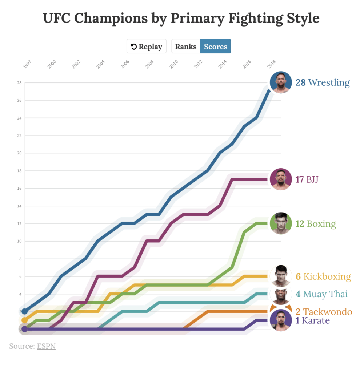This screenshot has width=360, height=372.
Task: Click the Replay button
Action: coord(147,46)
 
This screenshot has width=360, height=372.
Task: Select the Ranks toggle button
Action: coord(185,46)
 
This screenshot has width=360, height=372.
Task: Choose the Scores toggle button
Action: coord(215,46)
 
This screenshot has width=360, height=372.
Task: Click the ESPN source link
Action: coord(46,346)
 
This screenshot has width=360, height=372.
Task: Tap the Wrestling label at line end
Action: coord(323,82)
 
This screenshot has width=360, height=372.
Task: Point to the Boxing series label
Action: coord(316,223)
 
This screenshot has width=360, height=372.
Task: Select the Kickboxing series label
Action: coord(323,276)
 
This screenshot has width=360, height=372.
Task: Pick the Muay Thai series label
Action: coord(321,294)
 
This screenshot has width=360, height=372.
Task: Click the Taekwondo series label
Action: coord(324,312)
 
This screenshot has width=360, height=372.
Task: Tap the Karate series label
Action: coord(312,320)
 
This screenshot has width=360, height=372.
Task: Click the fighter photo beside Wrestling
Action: coord(281,82)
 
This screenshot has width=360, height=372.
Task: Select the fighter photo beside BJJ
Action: coord(281,179)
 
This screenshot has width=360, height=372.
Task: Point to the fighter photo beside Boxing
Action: coord(281,223)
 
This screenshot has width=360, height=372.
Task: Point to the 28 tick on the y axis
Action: coord(19,83)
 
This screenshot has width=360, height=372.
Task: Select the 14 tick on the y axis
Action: coord(19,206)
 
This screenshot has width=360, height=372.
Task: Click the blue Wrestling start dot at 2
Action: coord(25,311)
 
